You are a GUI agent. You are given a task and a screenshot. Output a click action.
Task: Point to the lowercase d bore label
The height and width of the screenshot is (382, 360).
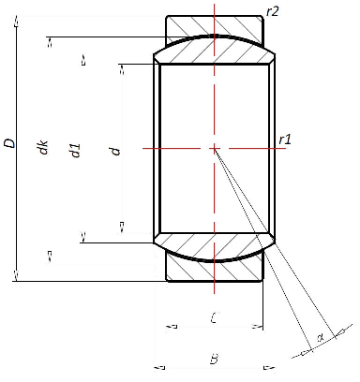116,149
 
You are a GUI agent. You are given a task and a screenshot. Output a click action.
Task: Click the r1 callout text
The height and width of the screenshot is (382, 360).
286,140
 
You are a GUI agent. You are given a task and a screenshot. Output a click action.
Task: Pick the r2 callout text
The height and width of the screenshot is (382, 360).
273,11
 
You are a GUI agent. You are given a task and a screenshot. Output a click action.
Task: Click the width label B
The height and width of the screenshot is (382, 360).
214,359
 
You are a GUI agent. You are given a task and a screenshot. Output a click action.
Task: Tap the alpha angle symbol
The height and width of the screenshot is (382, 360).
320,337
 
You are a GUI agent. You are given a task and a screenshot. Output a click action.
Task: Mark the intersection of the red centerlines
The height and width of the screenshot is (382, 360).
214,148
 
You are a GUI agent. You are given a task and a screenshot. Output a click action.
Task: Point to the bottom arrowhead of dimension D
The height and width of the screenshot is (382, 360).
18,275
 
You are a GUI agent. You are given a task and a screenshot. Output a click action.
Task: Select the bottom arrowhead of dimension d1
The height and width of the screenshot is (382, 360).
83,238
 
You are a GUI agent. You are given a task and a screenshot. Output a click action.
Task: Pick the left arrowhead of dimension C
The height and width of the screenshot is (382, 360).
171,328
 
